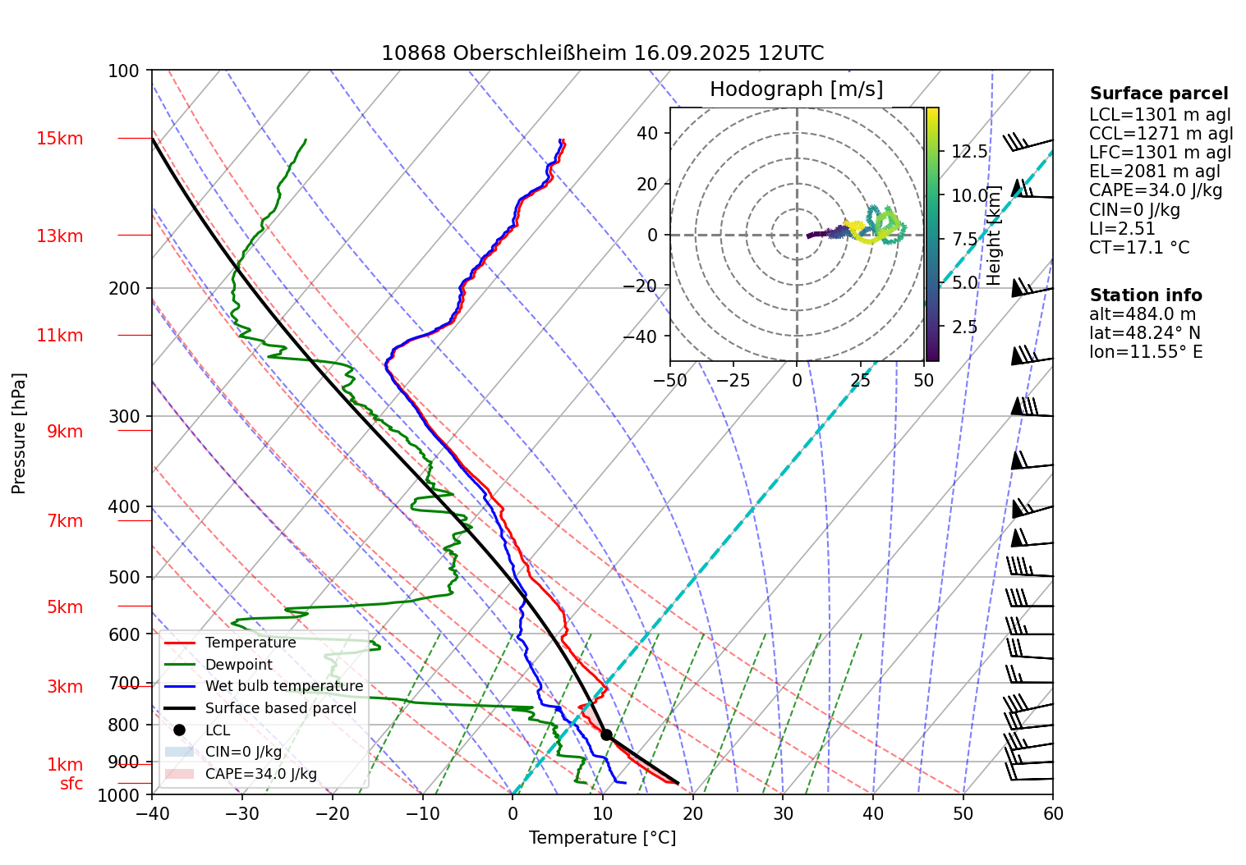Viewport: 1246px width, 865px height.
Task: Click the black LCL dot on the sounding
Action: coord(606,735)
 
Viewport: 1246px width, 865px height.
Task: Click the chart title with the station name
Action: coord(602,53)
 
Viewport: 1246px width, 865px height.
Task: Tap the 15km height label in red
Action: coord(59,139)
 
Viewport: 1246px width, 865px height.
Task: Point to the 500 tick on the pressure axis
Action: coord(124,577)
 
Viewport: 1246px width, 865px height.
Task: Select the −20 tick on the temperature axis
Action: coord(332,813)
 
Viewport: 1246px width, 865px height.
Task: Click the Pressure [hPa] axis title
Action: coord(19,433)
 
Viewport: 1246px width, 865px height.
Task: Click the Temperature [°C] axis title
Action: coord(602,838)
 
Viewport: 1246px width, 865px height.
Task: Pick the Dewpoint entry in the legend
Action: coord(238,665)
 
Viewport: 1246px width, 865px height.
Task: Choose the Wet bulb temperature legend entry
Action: coord(283,686)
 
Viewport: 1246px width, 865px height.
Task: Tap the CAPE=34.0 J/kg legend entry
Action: coord(260,774)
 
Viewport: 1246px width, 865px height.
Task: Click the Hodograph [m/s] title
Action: coord(796,89)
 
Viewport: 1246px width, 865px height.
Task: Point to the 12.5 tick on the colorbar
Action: coord(969,152)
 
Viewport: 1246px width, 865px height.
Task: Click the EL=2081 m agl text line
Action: coord(1154,172)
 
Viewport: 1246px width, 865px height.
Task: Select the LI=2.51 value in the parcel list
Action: coord(1122,229)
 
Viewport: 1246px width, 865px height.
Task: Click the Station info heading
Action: coord(1145,295)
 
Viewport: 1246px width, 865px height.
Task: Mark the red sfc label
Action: coord(71,784)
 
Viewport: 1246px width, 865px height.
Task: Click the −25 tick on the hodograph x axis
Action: coord(733,381)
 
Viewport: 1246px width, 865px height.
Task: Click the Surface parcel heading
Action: coord(1158,94)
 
